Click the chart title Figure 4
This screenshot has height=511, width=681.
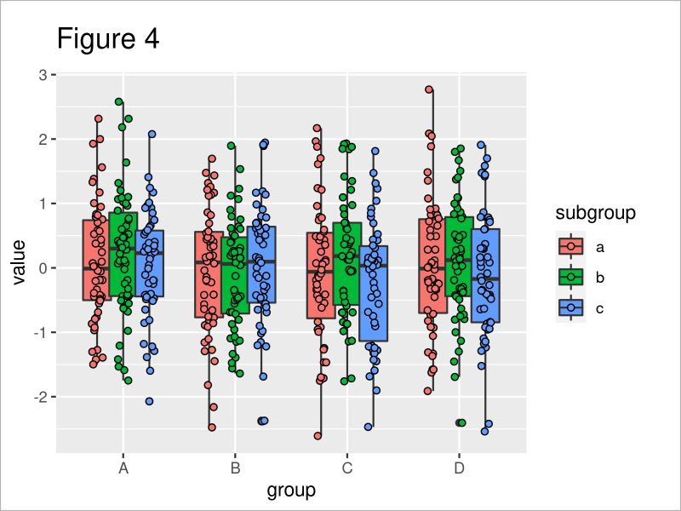(107, 39)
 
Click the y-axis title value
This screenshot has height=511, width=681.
(19, 263)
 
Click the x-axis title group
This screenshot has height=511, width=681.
(291, 491)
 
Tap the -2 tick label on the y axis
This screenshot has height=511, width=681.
(44, 397)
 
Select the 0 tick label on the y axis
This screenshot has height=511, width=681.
(47, 268)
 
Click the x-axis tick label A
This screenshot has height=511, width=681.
(123, 468)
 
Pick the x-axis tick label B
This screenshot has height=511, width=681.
(235, 468)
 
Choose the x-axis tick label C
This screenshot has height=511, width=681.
(346, 468)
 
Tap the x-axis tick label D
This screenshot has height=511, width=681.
(459, 468)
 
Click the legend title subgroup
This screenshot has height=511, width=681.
(596, 213)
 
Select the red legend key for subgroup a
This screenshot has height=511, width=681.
(569, 246)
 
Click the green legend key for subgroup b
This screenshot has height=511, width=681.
(569, 277)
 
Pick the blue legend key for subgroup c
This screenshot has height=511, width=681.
(569, 307)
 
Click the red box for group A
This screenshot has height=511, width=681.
(96, 260)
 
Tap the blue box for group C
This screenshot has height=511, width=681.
(374, 294)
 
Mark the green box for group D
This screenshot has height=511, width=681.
(459, 255)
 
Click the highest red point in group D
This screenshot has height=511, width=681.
(430, 89)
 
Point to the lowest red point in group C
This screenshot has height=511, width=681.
(318, 436)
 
